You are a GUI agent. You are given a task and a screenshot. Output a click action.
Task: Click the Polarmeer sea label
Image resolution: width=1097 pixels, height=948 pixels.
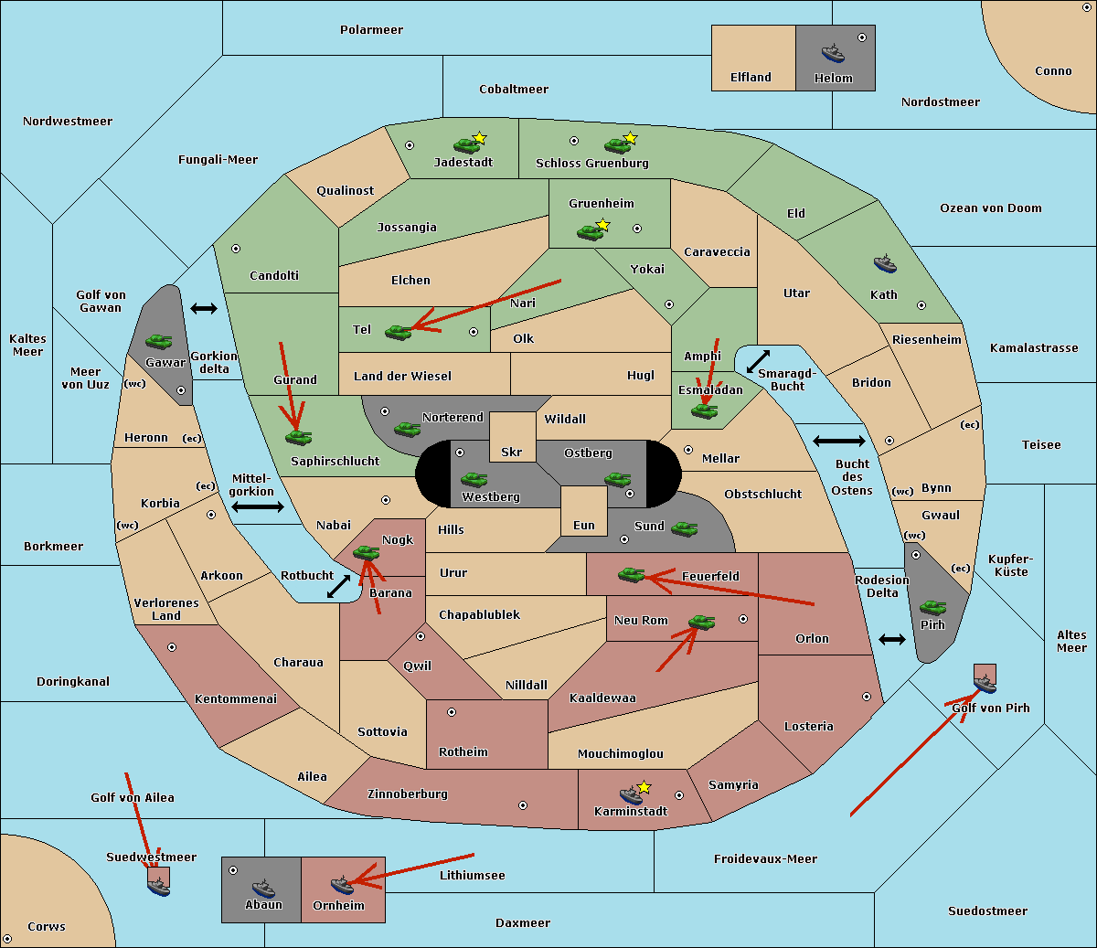[371, 30]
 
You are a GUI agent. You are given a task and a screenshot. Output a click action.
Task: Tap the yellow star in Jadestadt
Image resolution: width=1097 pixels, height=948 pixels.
[479, 138]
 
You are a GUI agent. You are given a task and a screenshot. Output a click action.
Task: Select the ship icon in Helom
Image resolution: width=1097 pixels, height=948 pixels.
[833, 53]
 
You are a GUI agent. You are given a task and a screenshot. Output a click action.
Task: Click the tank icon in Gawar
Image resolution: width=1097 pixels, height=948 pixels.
[158, 342]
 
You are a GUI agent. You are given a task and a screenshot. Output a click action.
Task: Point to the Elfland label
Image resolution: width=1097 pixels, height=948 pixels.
[751, 78]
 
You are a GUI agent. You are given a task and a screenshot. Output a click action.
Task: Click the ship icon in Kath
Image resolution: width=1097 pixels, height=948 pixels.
[884, 264]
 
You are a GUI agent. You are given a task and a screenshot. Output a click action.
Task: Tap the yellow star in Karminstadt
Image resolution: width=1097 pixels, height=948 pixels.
[644, 787]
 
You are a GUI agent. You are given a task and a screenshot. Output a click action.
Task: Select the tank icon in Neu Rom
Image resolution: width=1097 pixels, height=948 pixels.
[701, 623]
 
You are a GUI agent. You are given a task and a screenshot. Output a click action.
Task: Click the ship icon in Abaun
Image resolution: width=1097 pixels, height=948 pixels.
[263, 888]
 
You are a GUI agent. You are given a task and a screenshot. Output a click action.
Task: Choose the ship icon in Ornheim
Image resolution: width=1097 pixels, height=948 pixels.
[342, 885]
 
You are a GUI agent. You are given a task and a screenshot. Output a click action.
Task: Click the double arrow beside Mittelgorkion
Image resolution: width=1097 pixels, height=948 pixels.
[258, 506]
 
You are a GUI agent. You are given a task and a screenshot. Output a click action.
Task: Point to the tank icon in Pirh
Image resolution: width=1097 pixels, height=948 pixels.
[932, 607]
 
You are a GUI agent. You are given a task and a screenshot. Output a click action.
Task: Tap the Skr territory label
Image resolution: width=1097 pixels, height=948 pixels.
[512, 453]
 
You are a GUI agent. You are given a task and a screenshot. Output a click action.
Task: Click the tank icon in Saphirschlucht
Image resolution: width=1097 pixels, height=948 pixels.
[298, 438]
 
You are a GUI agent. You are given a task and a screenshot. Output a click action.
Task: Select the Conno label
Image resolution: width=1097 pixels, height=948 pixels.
[1053, 71]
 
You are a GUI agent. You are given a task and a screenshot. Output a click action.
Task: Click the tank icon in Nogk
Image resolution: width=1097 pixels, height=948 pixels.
[366, 552]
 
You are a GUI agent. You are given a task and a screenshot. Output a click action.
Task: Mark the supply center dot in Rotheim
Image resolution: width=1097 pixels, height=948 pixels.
[452, 712]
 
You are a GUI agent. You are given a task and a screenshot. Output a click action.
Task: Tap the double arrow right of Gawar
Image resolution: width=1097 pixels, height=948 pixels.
[204, 309]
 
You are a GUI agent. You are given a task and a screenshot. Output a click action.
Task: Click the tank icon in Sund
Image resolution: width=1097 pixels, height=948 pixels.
[685, 528]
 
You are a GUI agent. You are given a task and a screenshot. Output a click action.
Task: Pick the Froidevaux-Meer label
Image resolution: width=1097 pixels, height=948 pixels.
[765, 859]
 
